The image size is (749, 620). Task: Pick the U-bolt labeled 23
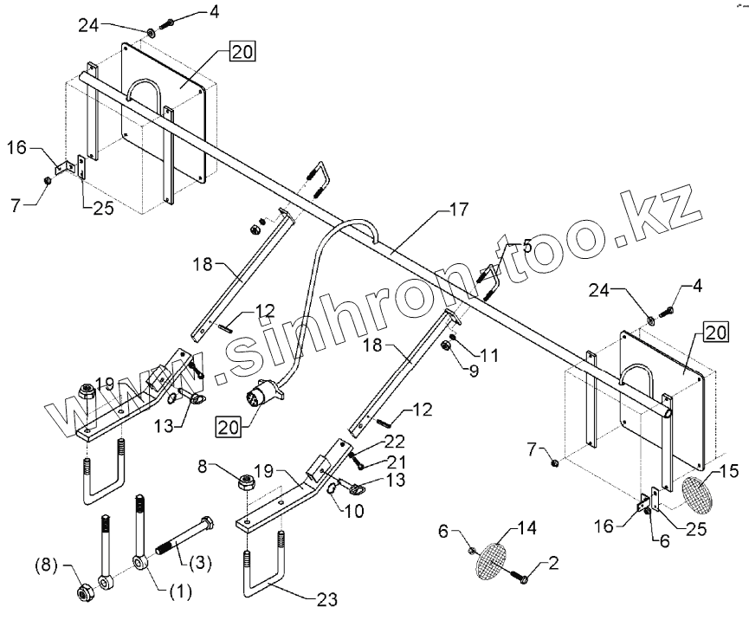(x=264, y=572)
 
